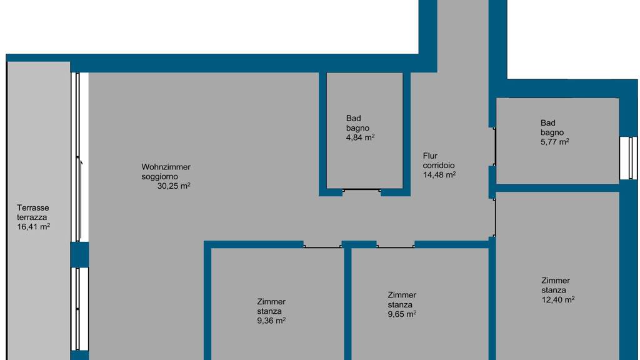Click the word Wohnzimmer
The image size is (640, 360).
(166, 167)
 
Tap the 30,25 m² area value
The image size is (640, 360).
(174, 186)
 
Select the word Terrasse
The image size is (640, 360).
(33, 207)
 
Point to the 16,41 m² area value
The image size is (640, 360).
(34, 226)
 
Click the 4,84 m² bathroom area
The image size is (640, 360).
(361, 137)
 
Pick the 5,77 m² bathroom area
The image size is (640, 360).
(555, 142)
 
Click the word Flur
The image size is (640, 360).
(430, 156)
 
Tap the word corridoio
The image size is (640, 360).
(439, 165)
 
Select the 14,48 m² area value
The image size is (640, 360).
(439, 175)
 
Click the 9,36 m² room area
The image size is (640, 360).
(271, 321)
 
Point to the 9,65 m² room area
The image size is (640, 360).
(402, 314)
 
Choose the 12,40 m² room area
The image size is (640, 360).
(558, 299)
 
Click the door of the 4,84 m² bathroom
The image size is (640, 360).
(362, 190)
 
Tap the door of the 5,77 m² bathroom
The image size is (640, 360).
(494, 146)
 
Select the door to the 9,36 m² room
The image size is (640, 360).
(322, 246)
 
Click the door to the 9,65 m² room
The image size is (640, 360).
(396, 246)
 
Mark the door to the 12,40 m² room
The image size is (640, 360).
(494, 217)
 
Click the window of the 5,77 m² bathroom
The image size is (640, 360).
(629, 158)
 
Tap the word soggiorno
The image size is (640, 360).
(159, 177)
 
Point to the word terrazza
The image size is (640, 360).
(32, 217)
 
